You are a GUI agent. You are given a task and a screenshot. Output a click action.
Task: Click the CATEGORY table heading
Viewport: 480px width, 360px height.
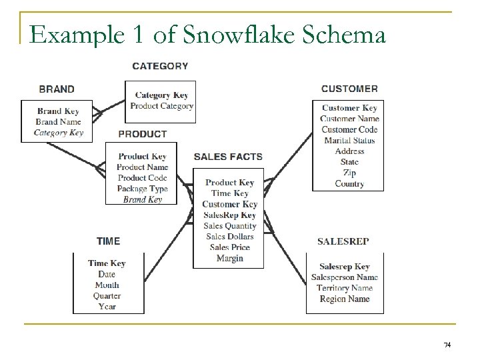point(160,66)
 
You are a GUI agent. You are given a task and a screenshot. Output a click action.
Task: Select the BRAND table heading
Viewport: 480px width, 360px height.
point(57,89)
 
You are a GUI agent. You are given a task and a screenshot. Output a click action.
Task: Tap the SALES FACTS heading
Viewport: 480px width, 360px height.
point(228,157)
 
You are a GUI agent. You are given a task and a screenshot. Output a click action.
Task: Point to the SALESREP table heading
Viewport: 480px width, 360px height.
point(343,241)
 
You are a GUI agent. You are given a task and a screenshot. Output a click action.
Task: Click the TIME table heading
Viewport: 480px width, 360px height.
point(108,241)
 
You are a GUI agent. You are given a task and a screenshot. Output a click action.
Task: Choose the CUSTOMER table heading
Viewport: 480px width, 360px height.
point(349,89)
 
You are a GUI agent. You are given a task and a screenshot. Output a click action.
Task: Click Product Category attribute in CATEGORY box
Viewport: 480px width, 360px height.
point(161,106)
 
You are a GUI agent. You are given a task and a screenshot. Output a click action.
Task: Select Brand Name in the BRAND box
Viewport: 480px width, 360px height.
point(58,122)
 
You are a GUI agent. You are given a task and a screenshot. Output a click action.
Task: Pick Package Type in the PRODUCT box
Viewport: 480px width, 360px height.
point(142,189)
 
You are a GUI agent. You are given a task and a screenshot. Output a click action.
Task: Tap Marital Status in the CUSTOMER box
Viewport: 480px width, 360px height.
point(349,141)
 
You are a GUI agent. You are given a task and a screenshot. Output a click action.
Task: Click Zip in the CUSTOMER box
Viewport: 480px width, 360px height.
point(349,173)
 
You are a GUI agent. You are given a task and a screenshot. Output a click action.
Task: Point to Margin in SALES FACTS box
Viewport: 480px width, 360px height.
point(229,259)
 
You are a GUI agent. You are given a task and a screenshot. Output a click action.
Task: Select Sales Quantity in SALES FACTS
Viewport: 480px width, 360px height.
point(229,226)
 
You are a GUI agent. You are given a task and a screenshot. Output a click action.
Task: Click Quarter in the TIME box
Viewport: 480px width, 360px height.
point(107,295)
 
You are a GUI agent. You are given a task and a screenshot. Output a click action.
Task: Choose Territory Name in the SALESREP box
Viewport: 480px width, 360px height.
point(345,288)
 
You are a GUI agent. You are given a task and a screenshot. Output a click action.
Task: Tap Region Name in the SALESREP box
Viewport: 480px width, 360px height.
point(345,299)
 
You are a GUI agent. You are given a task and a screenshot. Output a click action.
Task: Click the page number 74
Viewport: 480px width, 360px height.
point(447,345)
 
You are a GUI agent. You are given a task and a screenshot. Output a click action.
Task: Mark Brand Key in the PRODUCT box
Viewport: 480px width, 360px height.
point(142,199)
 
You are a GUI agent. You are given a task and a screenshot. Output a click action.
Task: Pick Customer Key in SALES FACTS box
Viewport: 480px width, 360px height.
point(229,205)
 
